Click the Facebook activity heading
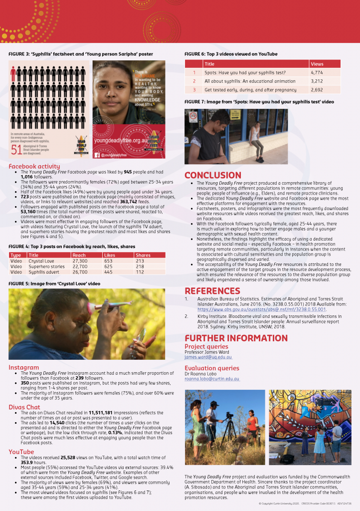(34, 166)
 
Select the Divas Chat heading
(24, 407)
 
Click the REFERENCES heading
(212, 291)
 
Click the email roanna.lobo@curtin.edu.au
(212, 379)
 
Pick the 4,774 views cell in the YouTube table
(318, 72)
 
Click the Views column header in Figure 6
(317, 64)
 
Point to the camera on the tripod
(229, 415)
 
